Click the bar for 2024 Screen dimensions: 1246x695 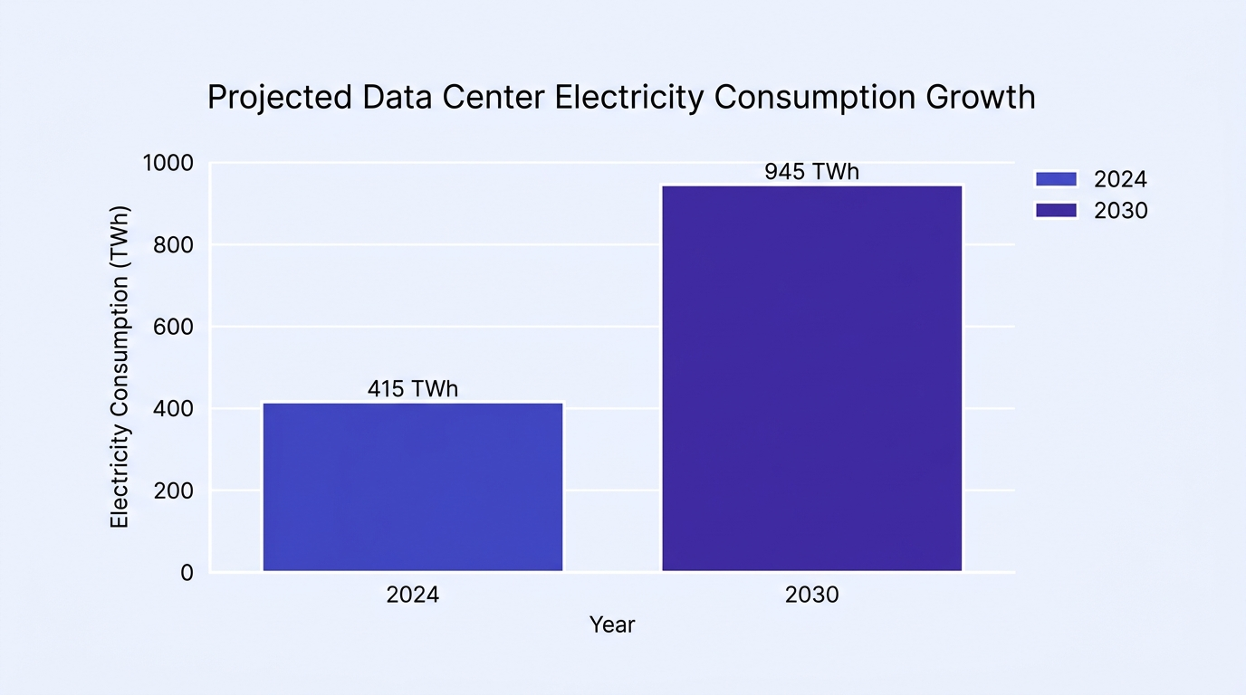click(413, 487)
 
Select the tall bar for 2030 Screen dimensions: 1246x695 click(812, 378)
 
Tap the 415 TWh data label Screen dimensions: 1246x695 click(413, 388)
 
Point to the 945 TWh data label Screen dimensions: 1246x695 click(812, 172)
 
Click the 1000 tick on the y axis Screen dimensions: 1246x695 click(168, 164)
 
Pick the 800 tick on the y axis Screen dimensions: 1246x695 click(173, 245)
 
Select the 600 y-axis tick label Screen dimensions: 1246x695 click(173, 327)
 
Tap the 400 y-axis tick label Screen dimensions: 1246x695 click(173, 409)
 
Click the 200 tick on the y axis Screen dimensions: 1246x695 click(173, 491)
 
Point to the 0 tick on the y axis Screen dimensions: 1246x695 click(187, 573)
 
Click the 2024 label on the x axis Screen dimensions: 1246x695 click(413, 595)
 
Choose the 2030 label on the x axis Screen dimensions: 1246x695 click(812, 595)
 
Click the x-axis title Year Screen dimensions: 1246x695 click(612, 625)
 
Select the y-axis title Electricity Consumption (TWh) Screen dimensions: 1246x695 click(120, 367)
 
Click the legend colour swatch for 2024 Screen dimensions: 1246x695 click(1056, 179)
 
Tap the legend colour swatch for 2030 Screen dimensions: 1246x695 click(1056, 210)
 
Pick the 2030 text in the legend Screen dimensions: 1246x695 click(1121, 211)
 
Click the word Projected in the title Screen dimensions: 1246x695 click(280, 98)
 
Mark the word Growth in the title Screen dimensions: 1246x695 click(980, 98)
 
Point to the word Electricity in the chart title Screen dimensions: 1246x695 click(629, 98)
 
